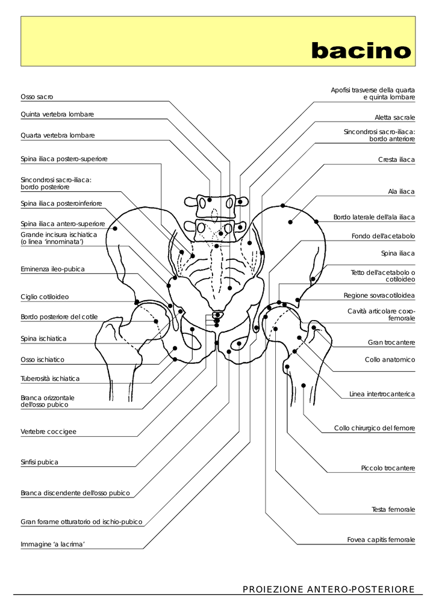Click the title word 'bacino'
(x=361, y=51)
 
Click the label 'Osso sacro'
(x=37, y=96)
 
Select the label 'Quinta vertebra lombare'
(x=57, y=114)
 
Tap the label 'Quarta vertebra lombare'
(x=57, y=135)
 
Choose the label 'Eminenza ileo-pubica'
(x=52, y=269)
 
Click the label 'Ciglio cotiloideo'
(x=45, y=297)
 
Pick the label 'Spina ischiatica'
(x=43, y=339)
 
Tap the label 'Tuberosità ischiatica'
(x=50, y=378)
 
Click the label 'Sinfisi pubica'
(x=39, y=462)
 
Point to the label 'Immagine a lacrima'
(x=52, y=544)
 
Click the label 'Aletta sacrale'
(x=394, y=117)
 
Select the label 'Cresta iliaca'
(x=396, y=159)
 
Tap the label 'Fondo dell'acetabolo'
(x=383, y=236)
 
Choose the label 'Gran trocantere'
(x=391, y=342)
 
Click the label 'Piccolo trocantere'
(x=388, y=467)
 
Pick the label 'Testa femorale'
(x=393, y=510)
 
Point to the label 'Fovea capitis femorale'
(x=381, y=540)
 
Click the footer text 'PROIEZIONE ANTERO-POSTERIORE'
(x=328, y=589)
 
